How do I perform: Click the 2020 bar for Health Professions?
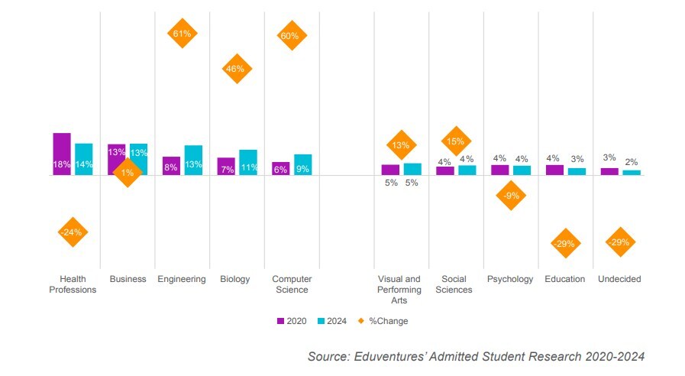(62, 154)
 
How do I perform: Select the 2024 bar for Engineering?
(193, 160)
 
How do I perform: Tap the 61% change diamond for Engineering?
(182, 34)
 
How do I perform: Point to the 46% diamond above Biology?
(236, 69)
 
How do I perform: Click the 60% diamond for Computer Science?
(291, 35)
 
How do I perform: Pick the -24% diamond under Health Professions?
(73, 232)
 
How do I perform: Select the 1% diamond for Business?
(127, 173)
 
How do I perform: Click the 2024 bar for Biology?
(248, 162)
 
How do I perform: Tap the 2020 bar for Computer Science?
(280, 169)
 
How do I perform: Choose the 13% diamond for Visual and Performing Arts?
(401, 144)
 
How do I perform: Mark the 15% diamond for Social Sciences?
(456, 141)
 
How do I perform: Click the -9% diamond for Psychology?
(510, 196)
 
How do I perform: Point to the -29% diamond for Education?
(565, 243)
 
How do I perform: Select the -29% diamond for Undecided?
(619, 242)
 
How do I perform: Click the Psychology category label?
(510, 280)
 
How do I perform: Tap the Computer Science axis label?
(291, 284)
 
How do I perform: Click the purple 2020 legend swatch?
(280, 321)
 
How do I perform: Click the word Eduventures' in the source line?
(380, 357)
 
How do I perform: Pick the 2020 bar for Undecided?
(609, 171)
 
